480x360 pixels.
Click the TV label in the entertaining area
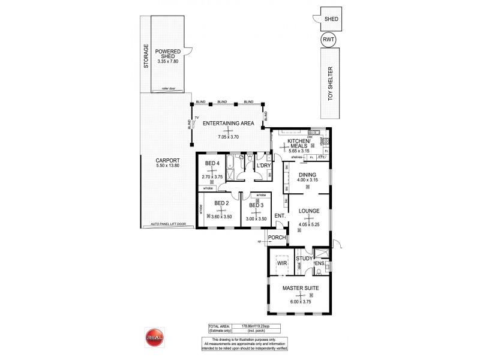pyautogui.click(x=196, y=118)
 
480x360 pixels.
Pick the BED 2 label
pyautogui.click(x=221, y=203)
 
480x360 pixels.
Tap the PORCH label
pyautogui.click(x=277, y=237)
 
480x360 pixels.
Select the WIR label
pyautogui.click(x=281, y=263)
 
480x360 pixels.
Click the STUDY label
pyautogui.click(x=304, y=259)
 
